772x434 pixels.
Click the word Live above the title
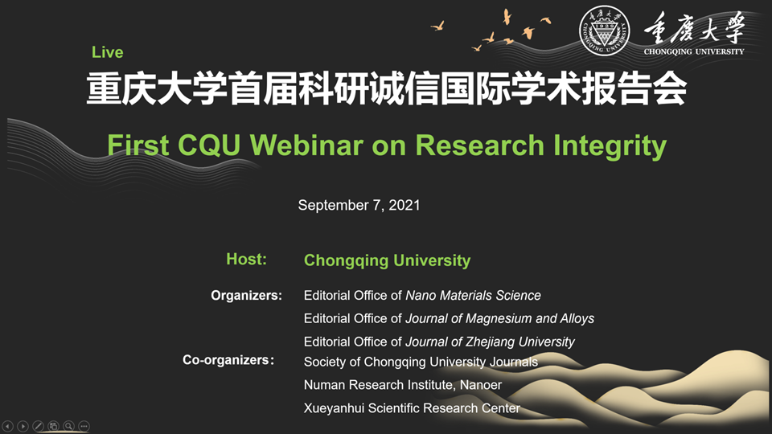coord(107,52)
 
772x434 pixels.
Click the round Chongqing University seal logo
coord(604,30)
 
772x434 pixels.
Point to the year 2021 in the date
coord(404,205)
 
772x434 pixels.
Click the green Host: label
coord(246,259)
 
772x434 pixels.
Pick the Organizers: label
coord(246,295)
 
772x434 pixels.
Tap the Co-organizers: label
coord(228,360)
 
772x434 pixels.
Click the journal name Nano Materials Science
coord(473,295)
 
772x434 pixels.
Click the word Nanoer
coord(481,385)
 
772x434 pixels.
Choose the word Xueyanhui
coord(334,408)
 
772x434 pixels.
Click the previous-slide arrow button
coord(7,426)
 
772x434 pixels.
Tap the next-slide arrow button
coord(23,426)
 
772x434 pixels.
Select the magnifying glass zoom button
coord(69,426)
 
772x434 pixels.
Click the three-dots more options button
coord(84,426)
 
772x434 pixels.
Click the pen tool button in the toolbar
coord(38,426)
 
